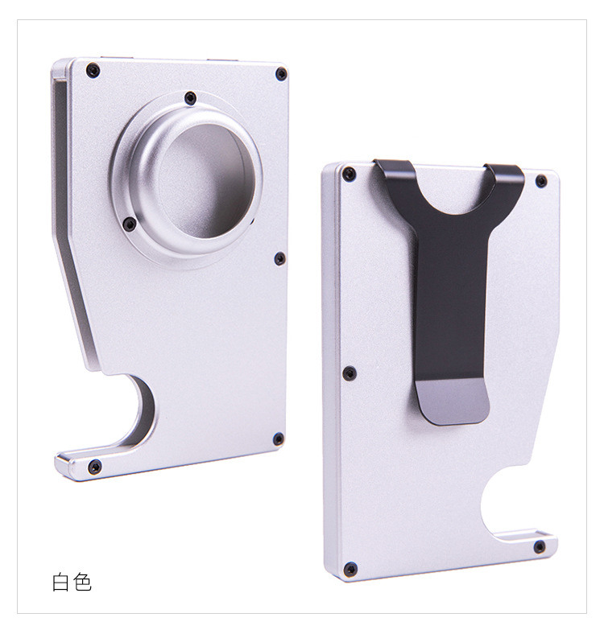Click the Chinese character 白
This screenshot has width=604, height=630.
click(60, 583)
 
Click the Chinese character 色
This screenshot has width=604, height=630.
click(82, 582)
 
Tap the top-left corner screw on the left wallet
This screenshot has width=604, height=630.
click(93, 71)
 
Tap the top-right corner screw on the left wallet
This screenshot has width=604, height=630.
click(281, 74)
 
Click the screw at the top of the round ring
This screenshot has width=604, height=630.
click(190, 98)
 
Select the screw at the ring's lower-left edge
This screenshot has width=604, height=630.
click(129, 224)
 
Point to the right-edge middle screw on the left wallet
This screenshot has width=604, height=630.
click(280, 259)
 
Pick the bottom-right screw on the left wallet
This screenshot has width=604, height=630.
click(279, 439)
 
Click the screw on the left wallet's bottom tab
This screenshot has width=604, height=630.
click(95, 467)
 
